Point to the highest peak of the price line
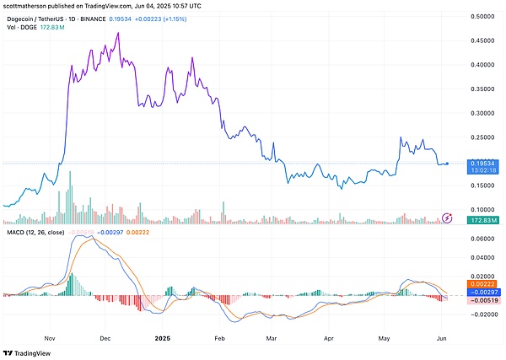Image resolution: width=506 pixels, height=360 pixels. click(117, 33)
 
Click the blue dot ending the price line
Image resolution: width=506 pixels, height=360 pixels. click(447, 164)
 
